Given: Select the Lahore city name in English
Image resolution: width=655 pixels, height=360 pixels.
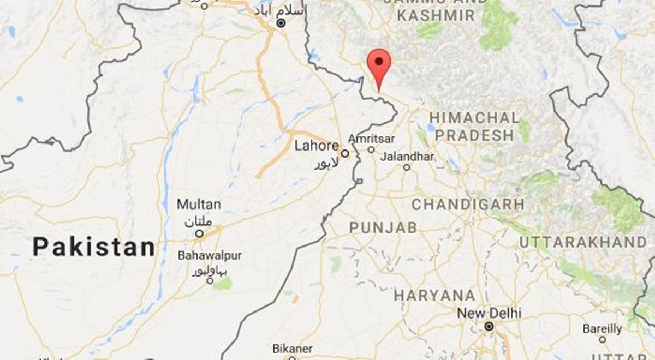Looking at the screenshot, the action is point(317,146).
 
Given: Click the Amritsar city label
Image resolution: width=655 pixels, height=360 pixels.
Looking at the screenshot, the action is point(371,139).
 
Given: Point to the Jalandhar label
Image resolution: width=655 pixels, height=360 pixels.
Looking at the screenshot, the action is point(407,157).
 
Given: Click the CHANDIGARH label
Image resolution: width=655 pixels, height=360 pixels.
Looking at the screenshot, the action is point(468,205).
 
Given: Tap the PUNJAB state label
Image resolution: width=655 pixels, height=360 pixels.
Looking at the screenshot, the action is point(383,228).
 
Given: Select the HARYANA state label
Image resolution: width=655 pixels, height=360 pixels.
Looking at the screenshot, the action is point(434,296).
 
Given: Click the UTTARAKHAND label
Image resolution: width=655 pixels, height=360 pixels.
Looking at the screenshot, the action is point(582,242).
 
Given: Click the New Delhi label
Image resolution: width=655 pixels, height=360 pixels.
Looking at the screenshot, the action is point(489,314).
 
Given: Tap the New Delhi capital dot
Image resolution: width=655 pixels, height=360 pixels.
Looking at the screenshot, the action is point(489,327).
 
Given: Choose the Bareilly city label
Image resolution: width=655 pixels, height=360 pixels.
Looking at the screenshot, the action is point(602,329).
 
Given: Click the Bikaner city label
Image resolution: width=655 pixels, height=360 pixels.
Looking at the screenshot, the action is point(292,349).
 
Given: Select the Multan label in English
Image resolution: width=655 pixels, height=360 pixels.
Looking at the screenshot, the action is point(199,205).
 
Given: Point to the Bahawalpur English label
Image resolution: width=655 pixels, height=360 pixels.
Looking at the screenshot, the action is point(210,255).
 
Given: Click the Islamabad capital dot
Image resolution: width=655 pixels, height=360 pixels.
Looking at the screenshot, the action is point(281,23).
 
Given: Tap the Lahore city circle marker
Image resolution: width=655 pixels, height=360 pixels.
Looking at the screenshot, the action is point(345,153).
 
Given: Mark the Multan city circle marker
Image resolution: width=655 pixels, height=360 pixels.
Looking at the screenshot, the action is point(199,233).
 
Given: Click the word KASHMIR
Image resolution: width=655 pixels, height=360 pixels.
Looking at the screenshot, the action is point(436,16).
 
